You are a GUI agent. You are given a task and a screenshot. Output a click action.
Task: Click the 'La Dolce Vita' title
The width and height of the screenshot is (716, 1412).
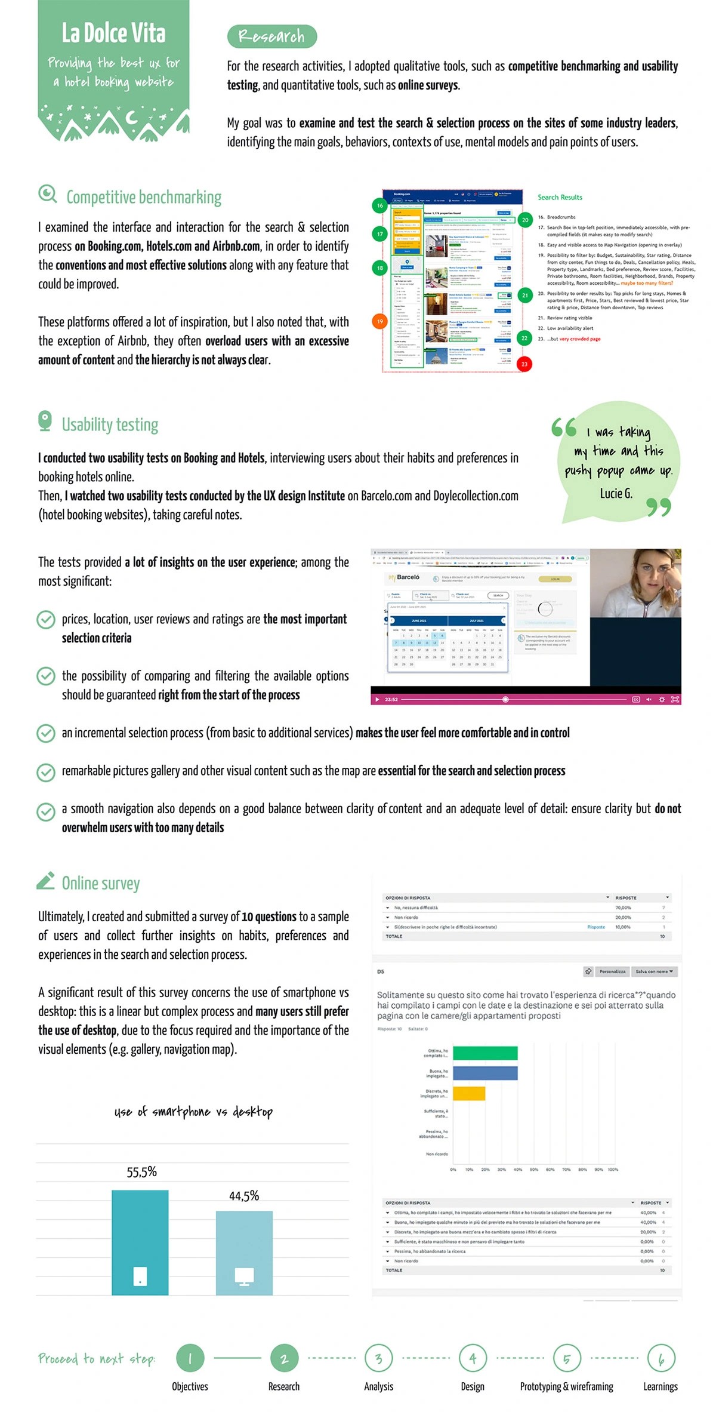(x=113, y=33)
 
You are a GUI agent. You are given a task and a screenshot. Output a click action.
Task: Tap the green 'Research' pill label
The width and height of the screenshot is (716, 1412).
(x=271, y=36)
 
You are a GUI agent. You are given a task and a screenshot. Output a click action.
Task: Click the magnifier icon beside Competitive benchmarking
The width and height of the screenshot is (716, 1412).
(x=47, y=194)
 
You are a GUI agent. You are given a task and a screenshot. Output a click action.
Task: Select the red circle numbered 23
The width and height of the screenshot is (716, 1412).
(x=524, y=364)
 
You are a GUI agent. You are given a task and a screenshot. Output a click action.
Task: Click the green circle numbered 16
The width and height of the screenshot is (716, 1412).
(x=380, y=205)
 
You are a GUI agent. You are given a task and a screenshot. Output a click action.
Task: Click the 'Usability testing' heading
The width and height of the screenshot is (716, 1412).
(x=110, y=424)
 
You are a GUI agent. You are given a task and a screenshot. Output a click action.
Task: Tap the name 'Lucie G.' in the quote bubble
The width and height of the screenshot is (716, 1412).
(x=616, y=493)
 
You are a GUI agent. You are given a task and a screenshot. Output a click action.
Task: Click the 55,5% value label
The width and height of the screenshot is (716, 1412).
(x=141, y=1171)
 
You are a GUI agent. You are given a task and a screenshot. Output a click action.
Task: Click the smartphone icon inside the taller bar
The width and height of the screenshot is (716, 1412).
(x=140, y=1276)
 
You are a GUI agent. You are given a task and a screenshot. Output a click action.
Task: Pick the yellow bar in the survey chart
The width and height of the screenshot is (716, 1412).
(x=469, y=1093)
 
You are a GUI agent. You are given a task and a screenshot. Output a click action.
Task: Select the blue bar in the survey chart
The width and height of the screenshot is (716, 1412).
(x=485, y=1073)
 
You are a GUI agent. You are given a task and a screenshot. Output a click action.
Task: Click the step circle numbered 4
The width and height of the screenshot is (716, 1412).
(x=473, y=1358)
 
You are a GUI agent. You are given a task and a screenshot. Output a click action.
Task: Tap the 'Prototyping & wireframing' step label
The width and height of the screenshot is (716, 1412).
(x=566, y=1386)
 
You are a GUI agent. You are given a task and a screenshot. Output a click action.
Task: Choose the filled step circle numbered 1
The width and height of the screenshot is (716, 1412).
(x=190, y=1358)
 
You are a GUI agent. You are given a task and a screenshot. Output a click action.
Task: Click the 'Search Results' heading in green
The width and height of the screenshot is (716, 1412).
(x=560, y=198)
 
